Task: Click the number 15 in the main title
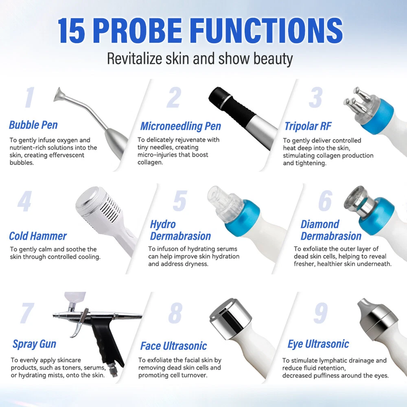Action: pos(71,31)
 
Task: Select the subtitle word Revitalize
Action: pos(135,59)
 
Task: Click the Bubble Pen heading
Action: pos(33,125)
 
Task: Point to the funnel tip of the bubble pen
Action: pos(59,94)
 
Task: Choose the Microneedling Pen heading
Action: pos(181,126)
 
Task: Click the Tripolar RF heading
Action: pos(308,126)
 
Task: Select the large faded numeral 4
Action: pos(25,201)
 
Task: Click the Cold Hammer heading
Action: pos(38,236)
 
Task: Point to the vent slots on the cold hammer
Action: pos(113,209)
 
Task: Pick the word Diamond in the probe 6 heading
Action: pos(320,224)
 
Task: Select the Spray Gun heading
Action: pos(35,344)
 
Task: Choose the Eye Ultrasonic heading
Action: pos(318,344)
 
